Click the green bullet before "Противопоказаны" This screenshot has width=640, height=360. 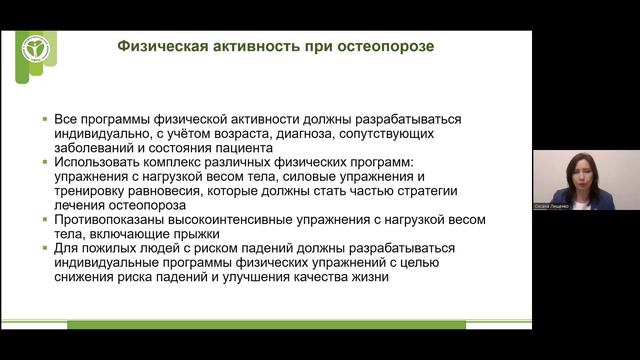pyautogui.click(x=46, y=220)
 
